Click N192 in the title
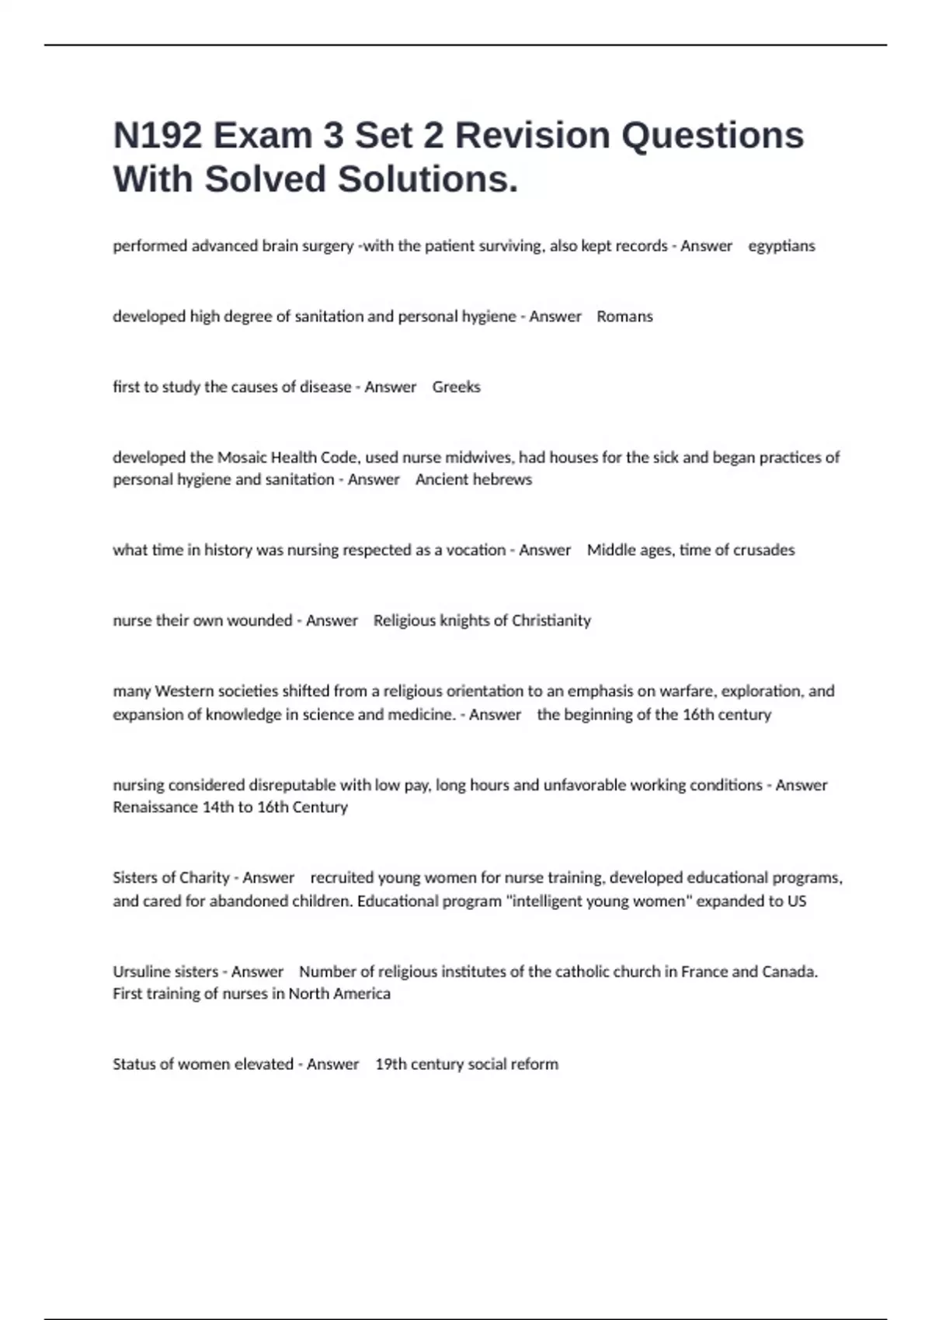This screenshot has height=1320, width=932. tap(158, 136)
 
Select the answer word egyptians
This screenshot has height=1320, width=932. tap(781, 246)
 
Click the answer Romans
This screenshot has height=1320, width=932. tap(624, 317)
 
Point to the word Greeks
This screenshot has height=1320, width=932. tap(456, 387)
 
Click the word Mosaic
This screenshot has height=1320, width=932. tap(242, 457)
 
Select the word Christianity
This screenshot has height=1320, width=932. tap(551, 620)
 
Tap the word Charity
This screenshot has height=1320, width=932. tap(204, 877)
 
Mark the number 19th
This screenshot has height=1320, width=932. tap(391, 1065)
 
